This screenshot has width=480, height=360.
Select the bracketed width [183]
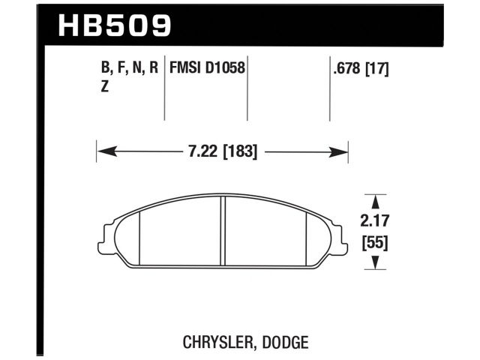pyautogui.click(x=240, y=151)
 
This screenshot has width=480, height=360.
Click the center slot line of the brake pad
pyautogui.click(x=223, y=232)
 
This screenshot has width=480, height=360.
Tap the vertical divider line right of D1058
pyautogui.click(x=247, y=90)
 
